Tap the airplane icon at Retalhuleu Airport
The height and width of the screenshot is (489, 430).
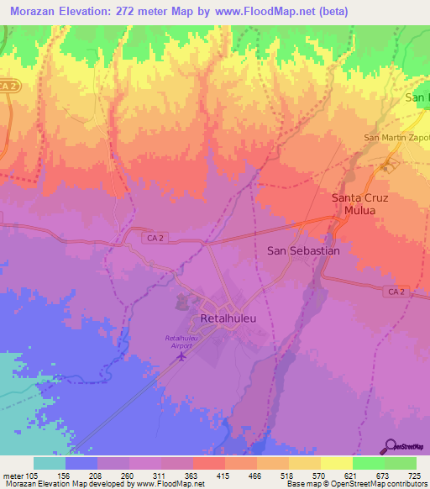[x=182, y=357]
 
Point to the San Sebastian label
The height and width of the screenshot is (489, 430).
[x=303, y=250]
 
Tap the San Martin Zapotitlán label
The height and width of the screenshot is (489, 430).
[x=396, y=137]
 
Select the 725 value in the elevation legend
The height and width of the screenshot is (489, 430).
[x=415, y=474]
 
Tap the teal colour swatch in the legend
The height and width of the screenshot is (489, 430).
[x=50, y=463]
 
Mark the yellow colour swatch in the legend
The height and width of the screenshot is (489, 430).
[x=336, y=463]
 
